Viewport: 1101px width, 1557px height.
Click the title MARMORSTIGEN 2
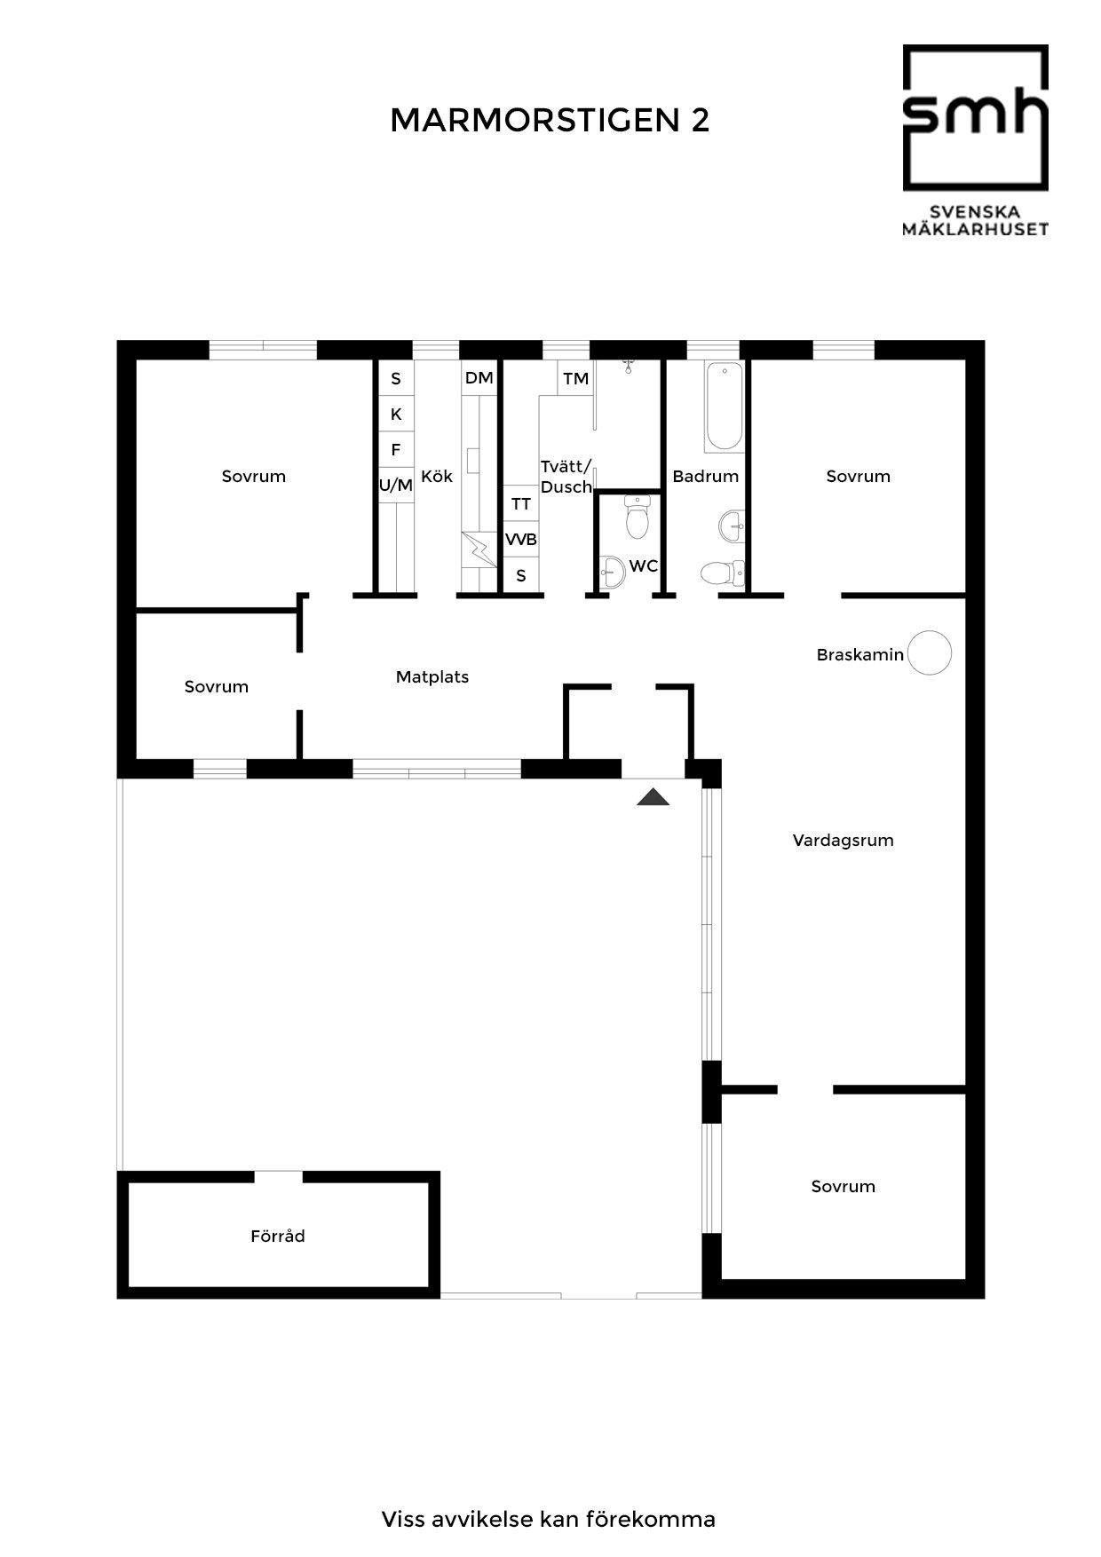[550, 121]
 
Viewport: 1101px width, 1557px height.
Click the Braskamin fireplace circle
[930, 652]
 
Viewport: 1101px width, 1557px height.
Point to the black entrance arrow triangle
[653, 796]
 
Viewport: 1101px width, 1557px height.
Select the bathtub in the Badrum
[724, 406]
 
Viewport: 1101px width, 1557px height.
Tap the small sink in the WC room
[611, 573]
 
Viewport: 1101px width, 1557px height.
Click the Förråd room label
[278, 1236]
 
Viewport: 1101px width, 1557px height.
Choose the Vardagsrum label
[843, 840]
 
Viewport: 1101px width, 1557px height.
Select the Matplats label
[432, 676]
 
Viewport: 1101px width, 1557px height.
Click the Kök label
[437, 476]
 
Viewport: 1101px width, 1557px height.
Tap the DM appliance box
[479, 378]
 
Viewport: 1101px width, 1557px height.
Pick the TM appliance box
[575, 378]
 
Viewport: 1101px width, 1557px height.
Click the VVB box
[521, 540]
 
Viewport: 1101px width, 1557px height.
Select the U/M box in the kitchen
[396, 485]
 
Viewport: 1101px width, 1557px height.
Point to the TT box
[521, 503]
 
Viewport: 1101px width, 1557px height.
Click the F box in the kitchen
[396, 449]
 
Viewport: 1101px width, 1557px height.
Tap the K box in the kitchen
[396, 414]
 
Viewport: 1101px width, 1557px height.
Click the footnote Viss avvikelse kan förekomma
[549, 1519]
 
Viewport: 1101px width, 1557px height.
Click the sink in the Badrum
[733, 525]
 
